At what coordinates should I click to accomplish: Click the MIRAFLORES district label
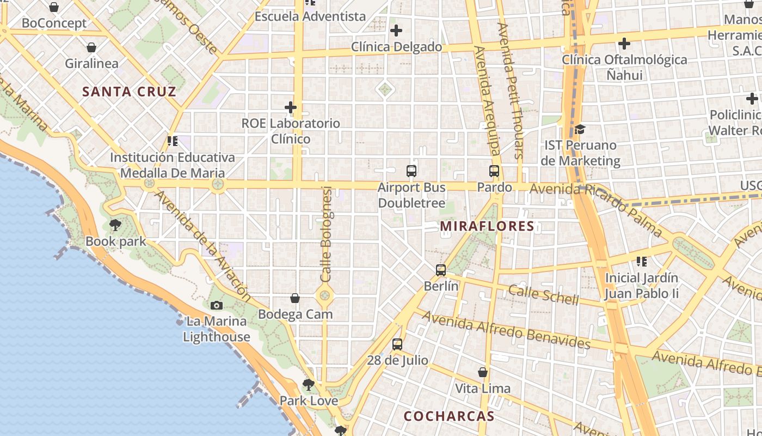487,226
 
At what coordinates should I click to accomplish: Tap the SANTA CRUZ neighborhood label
130,92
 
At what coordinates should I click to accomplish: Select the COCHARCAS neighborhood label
449,416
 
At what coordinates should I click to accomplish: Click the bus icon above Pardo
494,171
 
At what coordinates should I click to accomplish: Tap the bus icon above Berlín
441,270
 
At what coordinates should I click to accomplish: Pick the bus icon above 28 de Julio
397,344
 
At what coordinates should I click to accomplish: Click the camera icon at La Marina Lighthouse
217,305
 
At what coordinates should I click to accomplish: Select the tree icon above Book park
115,225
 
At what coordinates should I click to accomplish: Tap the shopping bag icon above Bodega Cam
295,298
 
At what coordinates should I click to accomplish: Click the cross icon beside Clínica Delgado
396,31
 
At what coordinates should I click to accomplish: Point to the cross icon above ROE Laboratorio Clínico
291,107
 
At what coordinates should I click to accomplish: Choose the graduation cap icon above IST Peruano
580,129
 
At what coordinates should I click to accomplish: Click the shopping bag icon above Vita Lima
483,372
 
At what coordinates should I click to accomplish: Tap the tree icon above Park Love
309,385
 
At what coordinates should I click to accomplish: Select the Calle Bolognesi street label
326,234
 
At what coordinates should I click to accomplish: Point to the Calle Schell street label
543,294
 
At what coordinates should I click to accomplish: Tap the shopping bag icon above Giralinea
91,47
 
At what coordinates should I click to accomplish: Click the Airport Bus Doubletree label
411,196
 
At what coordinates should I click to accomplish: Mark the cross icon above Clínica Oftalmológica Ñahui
624,43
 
